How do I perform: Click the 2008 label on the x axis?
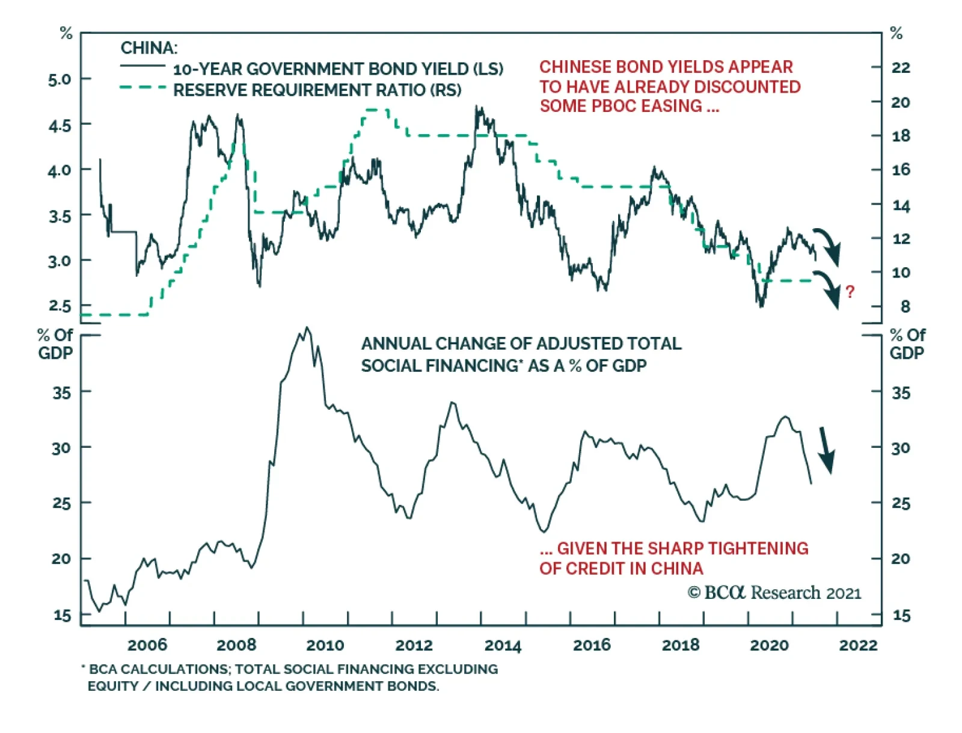[236, 645]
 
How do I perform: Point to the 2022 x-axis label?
[858, 645]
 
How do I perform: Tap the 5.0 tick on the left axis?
[60, 79]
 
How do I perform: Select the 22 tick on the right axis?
[901, 67]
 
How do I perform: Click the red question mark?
[850, 292]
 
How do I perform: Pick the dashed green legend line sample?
[142, 88]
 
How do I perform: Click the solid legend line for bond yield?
[142, 66]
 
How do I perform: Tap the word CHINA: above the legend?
[149, 48]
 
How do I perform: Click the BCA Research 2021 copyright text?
[774, 593]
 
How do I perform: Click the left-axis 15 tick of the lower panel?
[62, 615]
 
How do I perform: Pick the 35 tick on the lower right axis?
[901, 393]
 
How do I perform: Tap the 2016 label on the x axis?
[592, 645]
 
